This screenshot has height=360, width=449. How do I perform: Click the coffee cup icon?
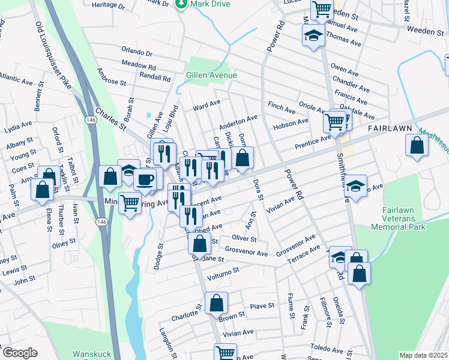(145, 179)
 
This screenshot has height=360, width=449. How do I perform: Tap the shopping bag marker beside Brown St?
(216, 303)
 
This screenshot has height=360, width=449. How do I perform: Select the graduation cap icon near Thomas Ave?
(313, 35)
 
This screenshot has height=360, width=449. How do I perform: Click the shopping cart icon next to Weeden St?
(322, 9)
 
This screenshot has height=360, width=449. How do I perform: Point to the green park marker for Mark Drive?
(180, 4)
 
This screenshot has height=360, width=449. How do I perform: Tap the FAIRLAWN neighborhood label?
(390, 129)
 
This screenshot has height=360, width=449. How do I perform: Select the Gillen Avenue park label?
(211, 75)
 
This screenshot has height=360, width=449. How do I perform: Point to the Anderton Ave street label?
(238, 122)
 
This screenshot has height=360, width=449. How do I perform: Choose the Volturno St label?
(223, 273)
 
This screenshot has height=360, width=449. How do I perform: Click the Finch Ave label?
(282, 107)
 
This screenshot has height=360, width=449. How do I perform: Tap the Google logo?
(20, 353)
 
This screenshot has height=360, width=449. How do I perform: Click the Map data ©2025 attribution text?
(423, 355)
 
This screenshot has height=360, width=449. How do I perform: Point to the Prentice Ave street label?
(313, 142)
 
